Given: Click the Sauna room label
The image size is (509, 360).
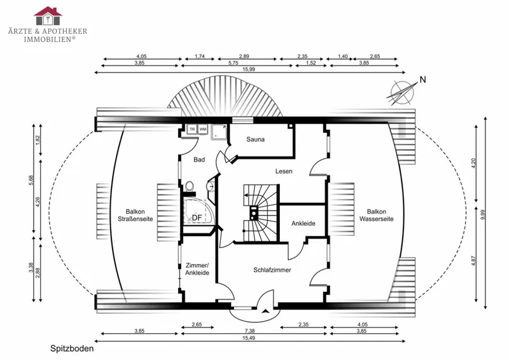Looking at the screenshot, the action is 255,139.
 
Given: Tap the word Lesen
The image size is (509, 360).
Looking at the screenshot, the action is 284,171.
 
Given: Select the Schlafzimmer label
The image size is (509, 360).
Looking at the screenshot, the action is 272,270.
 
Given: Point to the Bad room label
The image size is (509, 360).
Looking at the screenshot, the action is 199,160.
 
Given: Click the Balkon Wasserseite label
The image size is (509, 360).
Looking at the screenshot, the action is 376,215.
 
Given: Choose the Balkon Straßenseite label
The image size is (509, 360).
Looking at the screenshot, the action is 135,215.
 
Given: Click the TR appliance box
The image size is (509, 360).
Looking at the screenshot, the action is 192,129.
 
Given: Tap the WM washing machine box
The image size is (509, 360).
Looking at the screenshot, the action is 203,129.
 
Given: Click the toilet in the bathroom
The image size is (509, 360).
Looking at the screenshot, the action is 190,186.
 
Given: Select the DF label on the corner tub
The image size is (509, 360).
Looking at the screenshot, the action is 197,218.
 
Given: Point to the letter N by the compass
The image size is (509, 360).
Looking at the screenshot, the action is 422,80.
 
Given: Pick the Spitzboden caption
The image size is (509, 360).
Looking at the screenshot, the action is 72,349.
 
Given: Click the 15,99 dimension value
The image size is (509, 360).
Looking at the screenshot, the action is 249,69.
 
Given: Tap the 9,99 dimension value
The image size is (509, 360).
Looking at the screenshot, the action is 482,214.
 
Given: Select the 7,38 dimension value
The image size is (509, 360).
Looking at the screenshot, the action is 249,331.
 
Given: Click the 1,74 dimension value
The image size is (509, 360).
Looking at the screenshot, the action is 200,56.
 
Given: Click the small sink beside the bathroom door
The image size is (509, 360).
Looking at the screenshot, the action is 211,186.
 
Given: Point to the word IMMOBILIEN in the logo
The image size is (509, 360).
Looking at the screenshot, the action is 48,39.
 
